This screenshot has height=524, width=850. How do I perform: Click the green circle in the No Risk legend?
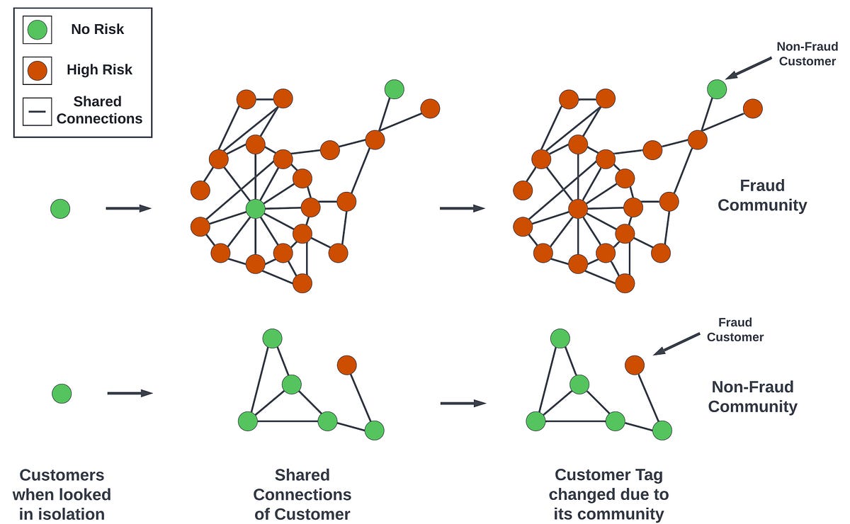pos(37,30)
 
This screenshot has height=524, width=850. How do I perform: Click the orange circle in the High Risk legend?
pos(37,70)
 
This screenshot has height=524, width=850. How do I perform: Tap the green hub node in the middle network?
pos(255,208)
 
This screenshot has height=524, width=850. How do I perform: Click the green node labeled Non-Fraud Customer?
pos(717,89)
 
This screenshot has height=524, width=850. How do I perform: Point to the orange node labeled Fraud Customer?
pos(635,365)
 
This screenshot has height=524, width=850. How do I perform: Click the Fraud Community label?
pos(762,195)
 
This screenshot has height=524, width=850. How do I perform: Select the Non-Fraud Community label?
pos(752,397)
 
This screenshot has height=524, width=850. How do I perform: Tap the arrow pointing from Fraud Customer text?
pos(676,343)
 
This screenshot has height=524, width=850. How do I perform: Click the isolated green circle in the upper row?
pos(60,208)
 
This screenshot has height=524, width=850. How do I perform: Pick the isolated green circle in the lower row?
pos(62,393)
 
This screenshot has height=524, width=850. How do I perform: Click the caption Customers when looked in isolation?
pos(62,494)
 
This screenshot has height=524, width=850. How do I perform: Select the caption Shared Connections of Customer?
pos(302,494)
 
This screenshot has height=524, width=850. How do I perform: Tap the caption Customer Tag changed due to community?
pos(608,494)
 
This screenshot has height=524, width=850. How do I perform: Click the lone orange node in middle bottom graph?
pos(346,365)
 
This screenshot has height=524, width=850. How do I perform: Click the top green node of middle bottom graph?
pos(272,338)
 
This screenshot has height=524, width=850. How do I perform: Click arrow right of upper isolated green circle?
pos(128,208)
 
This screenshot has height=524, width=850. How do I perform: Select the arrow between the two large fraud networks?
pos(462,208)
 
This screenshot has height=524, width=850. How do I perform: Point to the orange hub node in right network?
pos(578,208)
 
